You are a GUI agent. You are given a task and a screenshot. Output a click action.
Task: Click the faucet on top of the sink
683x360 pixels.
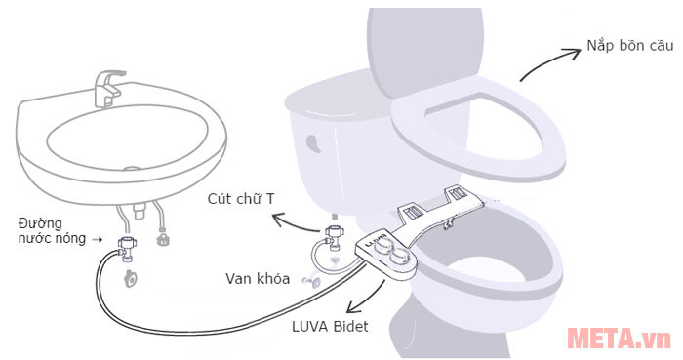pos(104,87)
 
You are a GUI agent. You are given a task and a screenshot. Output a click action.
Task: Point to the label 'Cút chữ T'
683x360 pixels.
pos(241,199)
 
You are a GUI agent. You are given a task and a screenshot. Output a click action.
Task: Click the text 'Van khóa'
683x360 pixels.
pos(258,279)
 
